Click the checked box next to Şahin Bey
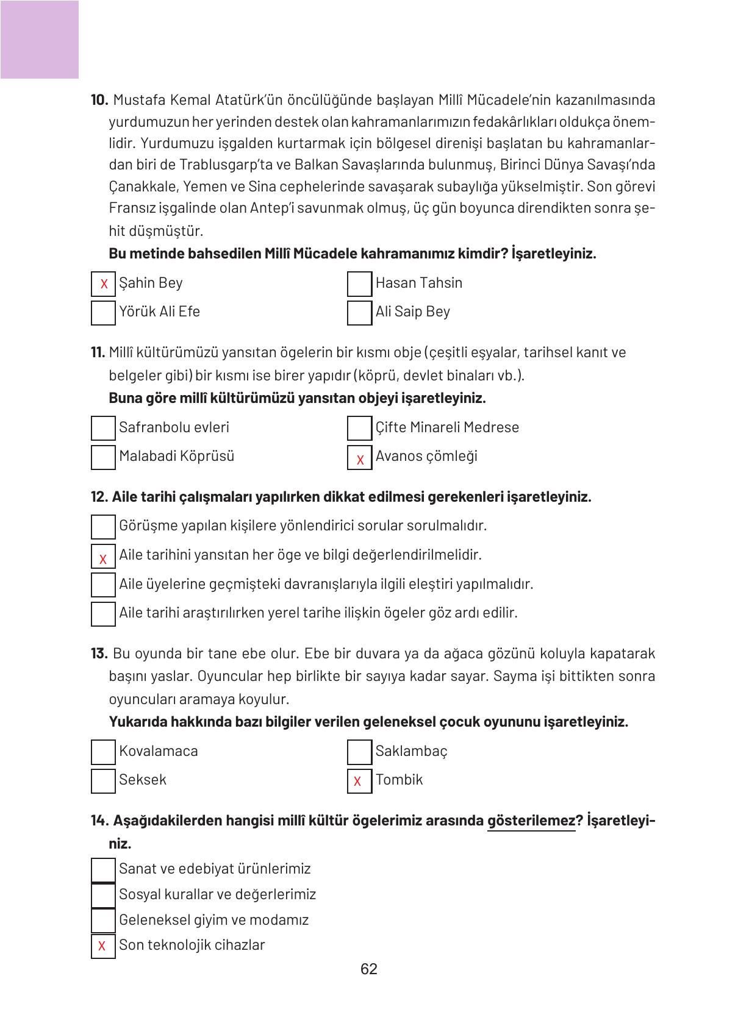tap(103, 284)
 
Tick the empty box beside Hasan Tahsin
tap(359, 284)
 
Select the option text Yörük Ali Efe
tap(159, 312)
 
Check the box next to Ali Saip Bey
tap(359, 313)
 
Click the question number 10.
tap(99, 100)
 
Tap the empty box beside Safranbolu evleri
tap(103, 428)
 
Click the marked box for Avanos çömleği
tap(359, 458)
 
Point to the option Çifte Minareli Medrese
tap(447, 427)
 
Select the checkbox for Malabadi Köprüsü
tap(103, 457)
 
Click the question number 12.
tap(99, 497)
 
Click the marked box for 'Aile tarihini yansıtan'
tap(103, 557)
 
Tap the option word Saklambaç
tap(411, 751)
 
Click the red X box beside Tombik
tap(359, 781)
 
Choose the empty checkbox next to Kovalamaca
tap(103, 752)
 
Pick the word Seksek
tap(142, 780)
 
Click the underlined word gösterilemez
tap(531, 821)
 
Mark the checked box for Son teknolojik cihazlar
tap(103, 946)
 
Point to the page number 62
tap(369, 969)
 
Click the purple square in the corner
tap(39, 39)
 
